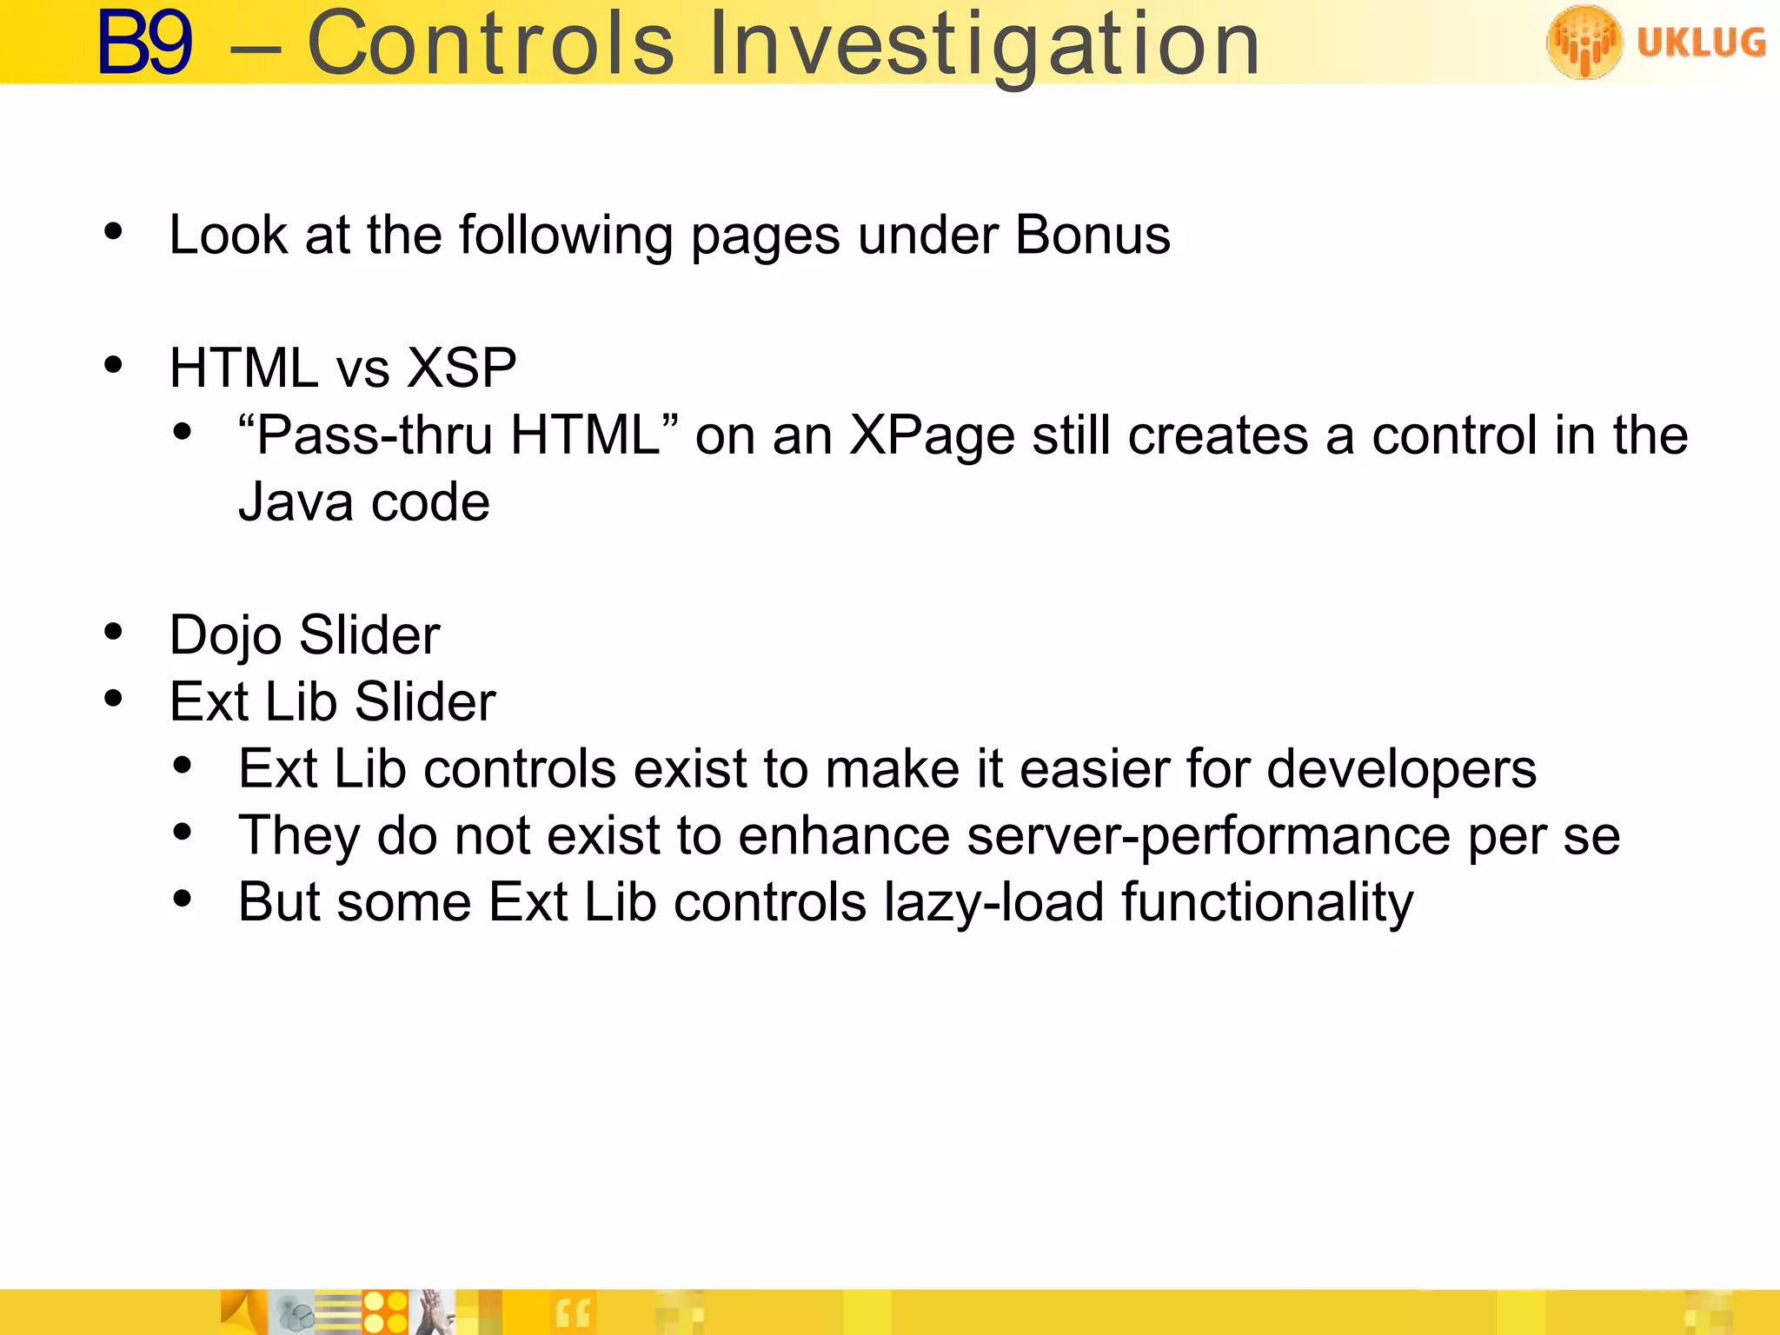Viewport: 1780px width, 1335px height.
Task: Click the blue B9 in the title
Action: (x=144, y=43)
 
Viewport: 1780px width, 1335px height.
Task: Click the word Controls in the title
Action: (x=491, y=43)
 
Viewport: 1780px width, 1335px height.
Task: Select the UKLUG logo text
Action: (x=1701, y=42)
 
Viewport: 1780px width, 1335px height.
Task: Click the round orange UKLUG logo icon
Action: (x=1584, y=42)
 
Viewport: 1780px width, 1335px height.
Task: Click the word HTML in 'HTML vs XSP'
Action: (x=244, y=368)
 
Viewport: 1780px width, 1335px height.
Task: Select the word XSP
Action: (x=462, y=368)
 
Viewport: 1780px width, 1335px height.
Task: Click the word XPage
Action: (x=932, y=436)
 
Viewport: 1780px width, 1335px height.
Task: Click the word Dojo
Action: (x=225, y=636)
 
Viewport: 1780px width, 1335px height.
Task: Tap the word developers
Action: (x=1401, y=770)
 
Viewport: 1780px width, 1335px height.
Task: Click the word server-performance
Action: (x=1208, y=836)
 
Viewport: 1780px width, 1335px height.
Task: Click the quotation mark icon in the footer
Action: (x=573, y=1313)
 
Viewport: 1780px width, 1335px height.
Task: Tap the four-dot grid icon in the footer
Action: (x=384, y=1312)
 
